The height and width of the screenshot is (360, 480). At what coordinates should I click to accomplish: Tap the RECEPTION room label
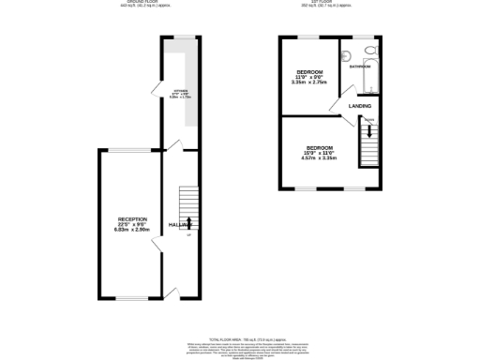pyautogui.click(x=131, y=218)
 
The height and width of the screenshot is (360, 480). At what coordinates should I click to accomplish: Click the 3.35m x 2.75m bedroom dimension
pyautogui.click(x=310, y=82)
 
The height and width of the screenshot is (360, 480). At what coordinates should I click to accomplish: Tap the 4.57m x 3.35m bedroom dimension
pyautogui.click(x=318, y=157)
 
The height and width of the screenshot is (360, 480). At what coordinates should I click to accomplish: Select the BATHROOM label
pyautogui.click(x=360, y=67)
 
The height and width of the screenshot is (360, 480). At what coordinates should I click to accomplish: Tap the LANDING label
pyautogui.click(x=360, y=106)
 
